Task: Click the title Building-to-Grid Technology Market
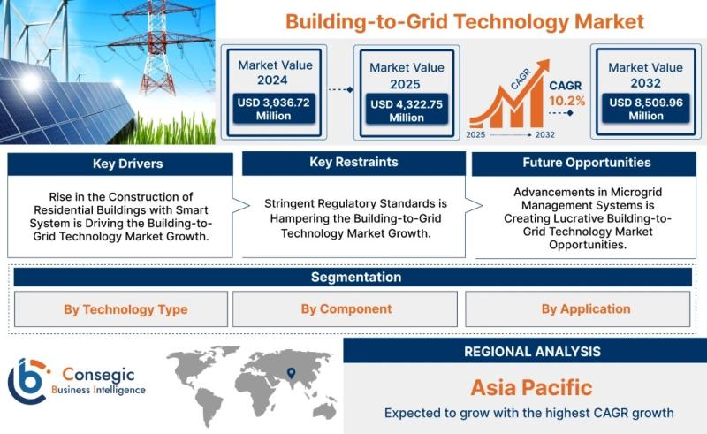[465, 21]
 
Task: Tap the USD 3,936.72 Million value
[274, 110]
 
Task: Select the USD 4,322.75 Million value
[407, 110]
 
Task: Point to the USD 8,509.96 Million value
[646, 109]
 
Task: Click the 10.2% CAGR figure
[566, 101]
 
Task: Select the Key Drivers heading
[127, 164]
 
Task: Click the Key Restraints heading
[354, 162]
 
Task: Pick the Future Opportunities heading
[587, 163]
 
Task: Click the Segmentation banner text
[356, 277]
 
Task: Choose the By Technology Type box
[121, 309]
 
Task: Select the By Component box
[345, 308]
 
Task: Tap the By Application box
[578, 308]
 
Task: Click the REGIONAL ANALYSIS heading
[533, 352]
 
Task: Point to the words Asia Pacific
[532, 387]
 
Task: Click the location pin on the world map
[292, 373]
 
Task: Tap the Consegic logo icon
[28, 381]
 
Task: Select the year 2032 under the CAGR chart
[544, 134]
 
